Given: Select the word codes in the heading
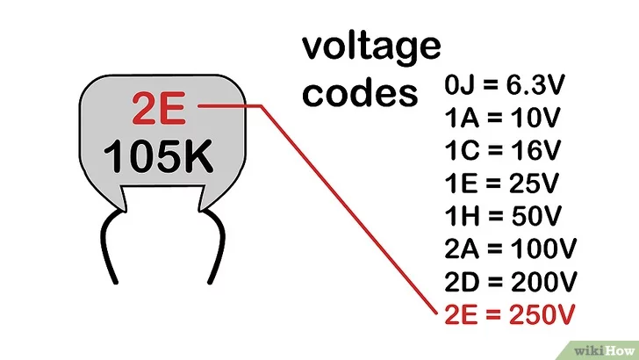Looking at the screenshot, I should tap(360, 91).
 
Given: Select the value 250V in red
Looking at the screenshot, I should tap(543, 313).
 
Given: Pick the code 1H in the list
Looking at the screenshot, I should tap(459, 217).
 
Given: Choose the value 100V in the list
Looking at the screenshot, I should tap(544, 249).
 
